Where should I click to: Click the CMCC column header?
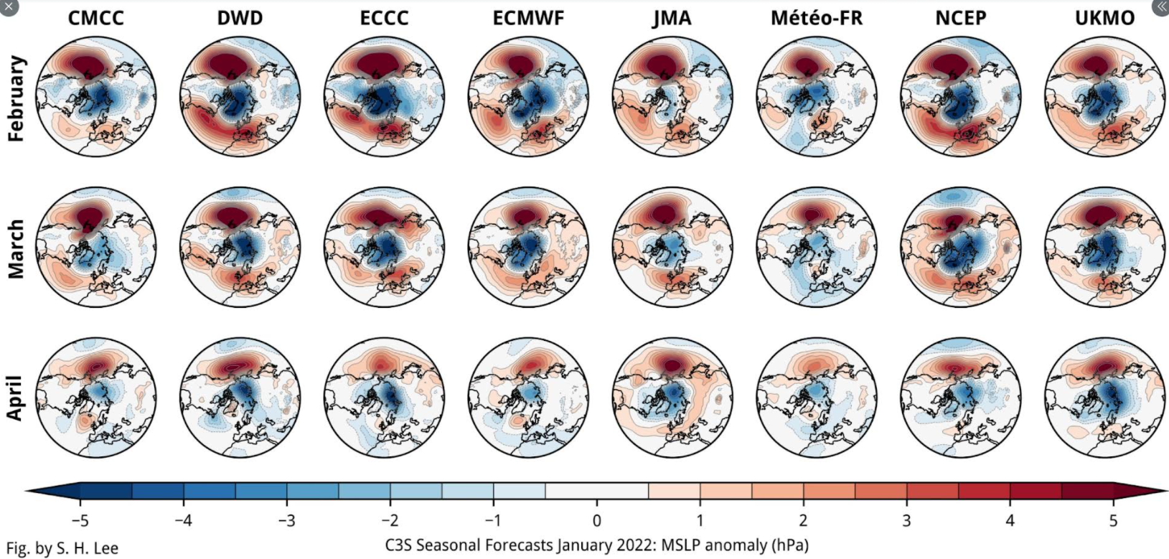coord(96,18)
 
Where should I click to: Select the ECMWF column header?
coord(528,18)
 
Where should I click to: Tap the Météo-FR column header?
coord(816,18)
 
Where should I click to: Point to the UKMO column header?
coord(1104,18)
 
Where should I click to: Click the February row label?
coord(16,98)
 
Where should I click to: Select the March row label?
coord(16,248)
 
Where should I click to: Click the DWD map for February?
coord(240,96)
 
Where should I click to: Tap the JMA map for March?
coord(672,247)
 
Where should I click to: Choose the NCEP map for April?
coord(961,397)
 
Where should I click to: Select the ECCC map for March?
coord(385,247)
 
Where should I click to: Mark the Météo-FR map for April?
coord(817,397)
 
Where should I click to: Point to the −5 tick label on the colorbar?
coord(80,520)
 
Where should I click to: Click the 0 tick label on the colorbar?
coord(596,520)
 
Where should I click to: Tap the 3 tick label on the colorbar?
coord(906,520)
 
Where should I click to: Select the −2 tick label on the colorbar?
coord(390,520)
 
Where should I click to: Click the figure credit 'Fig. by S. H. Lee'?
coord(62,549)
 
